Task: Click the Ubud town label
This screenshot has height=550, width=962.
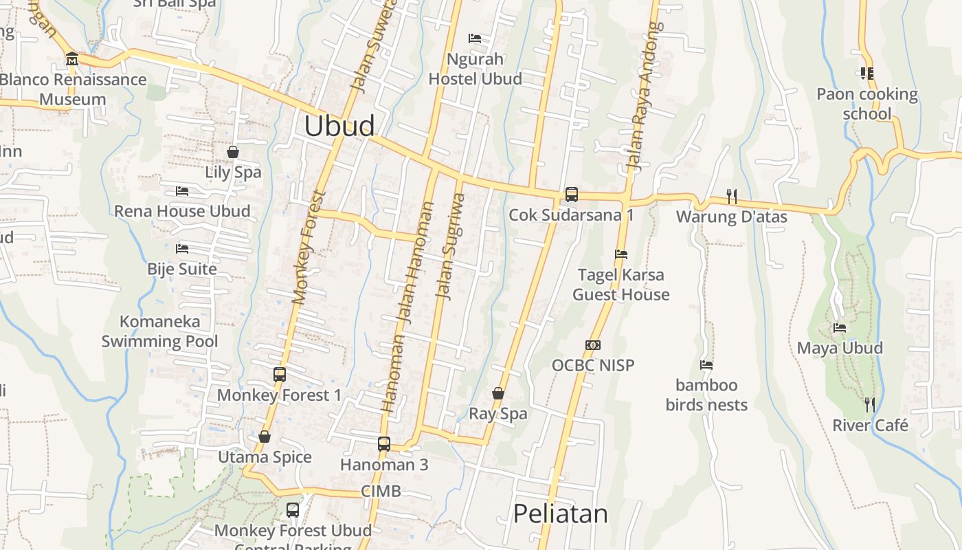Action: [339, 126]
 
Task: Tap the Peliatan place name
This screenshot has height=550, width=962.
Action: [561, 514]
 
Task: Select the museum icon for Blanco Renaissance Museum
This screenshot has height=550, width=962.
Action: [72, 59]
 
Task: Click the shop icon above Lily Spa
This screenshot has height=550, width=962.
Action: [233, 151]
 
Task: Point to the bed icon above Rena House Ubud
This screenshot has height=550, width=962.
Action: [182, 190]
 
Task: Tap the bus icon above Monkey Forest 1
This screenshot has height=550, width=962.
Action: [280, 374]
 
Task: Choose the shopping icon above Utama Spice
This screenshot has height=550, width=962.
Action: [265, 437]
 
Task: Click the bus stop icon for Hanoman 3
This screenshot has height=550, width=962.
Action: [384, 444]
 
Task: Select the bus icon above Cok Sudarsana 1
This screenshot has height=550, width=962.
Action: [571, 195]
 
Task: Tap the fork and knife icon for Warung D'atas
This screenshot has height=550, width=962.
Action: [732, 197]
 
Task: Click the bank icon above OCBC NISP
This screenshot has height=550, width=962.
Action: [593, 344]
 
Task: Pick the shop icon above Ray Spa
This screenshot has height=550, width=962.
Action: [498, 393]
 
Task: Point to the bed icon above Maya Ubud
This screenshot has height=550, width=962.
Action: [839, 328]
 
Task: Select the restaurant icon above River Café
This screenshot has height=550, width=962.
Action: [870, 404]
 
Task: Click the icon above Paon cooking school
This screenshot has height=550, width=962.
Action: [866, 73]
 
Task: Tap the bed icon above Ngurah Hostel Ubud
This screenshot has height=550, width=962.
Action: [475, 38]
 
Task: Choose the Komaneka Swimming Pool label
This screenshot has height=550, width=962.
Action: [160, 331]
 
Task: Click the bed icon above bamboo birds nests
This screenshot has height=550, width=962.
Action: [706, 364]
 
